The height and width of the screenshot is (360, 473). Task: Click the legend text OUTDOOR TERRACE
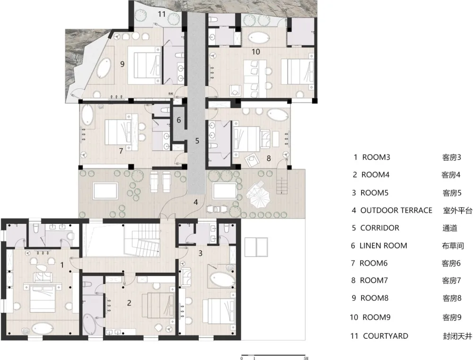[396, 211]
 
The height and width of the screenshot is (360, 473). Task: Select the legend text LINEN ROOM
[383, 246]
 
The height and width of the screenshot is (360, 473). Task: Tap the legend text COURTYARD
[385, 336]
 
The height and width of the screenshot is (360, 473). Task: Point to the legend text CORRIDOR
[380, 228]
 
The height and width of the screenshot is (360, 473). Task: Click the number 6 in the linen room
[179, 120]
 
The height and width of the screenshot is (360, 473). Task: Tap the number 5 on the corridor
[197, 140]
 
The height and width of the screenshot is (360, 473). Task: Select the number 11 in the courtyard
[162, 14]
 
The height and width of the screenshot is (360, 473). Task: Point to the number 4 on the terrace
[196, 202]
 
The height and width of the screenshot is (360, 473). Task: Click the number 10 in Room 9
[256, 52]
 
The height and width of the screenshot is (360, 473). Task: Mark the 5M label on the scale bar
[306, 358]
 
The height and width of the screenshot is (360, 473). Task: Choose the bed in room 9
[144, 65]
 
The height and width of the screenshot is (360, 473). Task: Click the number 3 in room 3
[201, 253]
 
